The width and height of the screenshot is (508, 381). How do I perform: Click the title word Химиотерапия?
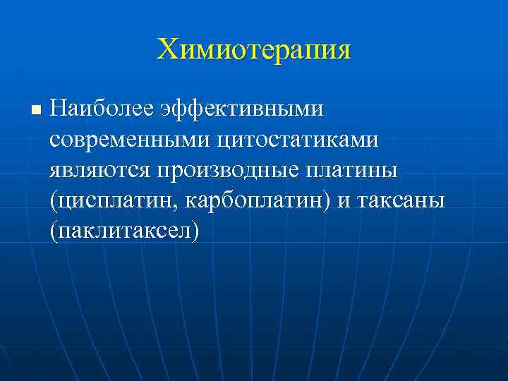pos(254,50)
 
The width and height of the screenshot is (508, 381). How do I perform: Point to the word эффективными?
pos(242,110)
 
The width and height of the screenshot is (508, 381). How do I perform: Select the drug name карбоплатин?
pos(256,200)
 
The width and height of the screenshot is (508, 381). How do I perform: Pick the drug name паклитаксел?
pos(125,231)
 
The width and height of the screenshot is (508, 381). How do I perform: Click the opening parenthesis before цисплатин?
pos(54,201)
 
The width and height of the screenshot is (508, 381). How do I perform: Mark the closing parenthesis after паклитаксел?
pos(196,231)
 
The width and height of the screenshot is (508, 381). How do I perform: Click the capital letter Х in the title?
pos(167,50)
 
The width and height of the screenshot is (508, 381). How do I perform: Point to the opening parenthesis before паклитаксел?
pos(54,231)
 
